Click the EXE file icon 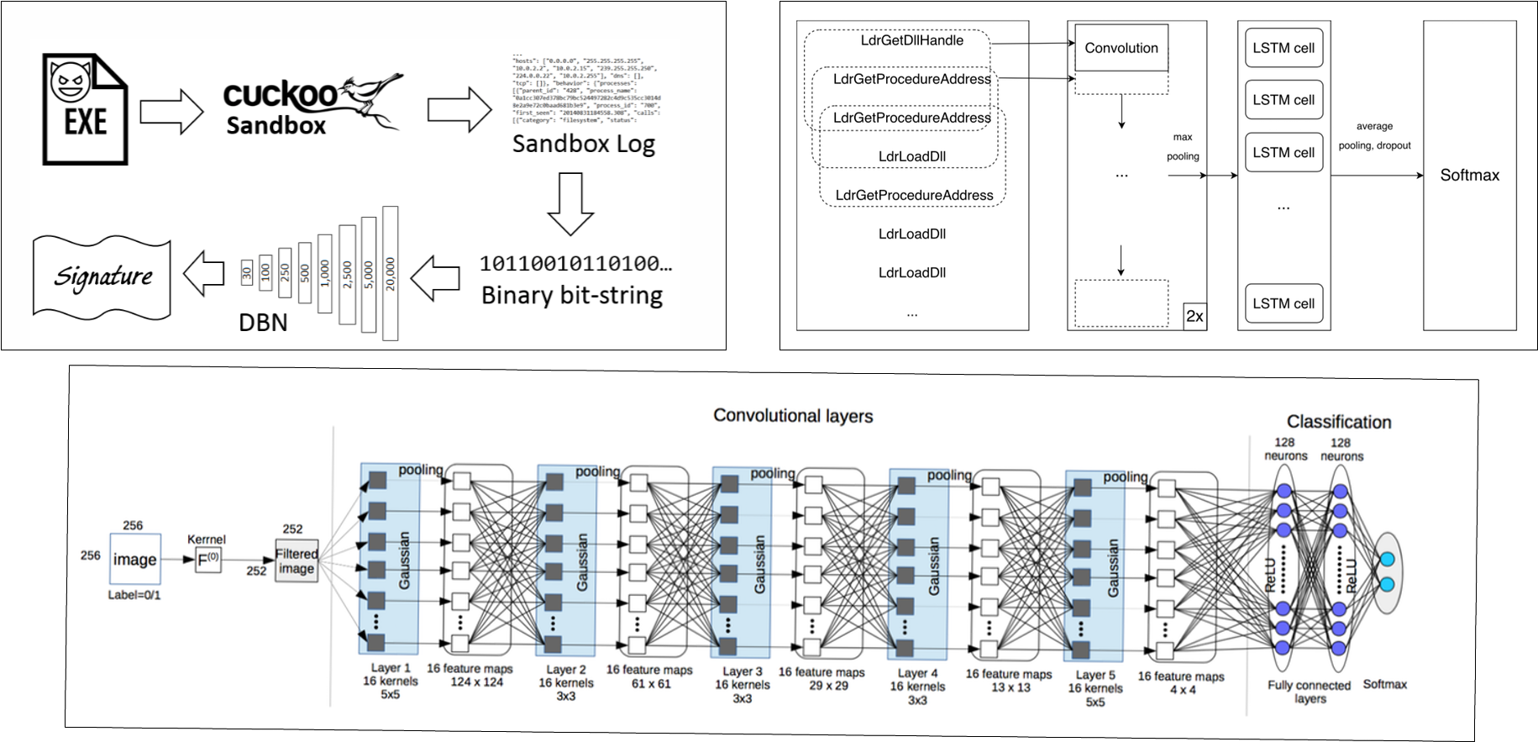(85, 108)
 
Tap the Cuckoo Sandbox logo (312, 104)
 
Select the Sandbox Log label (583, 144)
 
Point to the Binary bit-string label (572, 295)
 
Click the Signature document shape (102, 276)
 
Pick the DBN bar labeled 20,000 (390, 273)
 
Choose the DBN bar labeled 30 (246, 271)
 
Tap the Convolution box (1121, 48)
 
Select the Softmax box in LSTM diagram (1469, 176)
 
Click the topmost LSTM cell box (1283, 48)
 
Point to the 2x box (1194, 317)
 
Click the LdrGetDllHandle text (911, 40)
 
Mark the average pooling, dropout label (1374, 135)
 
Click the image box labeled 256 (134, 559)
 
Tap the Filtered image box (297, 560)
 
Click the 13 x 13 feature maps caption (1008, 680)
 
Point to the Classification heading (1338, 422)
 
